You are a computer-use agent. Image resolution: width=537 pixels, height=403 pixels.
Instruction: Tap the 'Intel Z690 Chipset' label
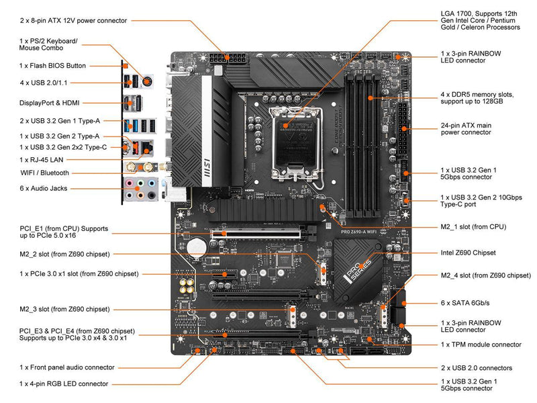coord(468,253)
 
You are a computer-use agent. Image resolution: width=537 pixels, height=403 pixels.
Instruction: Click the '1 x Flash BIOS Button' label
coord(53,66)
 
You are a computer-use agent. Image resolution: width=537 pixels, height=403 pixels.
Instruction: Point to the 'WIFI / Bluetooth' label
coord(44,173)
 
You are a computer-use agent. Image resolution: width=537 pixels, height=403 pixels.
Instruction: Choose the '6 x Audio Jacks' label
coord(44,189)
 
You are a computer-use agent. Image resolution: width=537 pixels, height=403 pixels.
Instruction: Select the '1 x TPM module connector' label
coord(481,345)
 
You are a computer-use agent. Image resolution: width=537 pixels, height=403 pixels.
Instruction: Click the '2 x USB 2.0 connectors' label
coord(477,367)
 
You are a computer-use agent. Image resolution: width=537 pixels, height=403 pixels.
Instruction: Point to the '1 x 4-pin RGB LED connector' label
coord(64,384)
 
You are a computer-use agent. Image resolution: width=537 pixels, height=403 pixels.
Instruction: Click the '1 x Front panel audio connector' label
coord(67,367)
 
